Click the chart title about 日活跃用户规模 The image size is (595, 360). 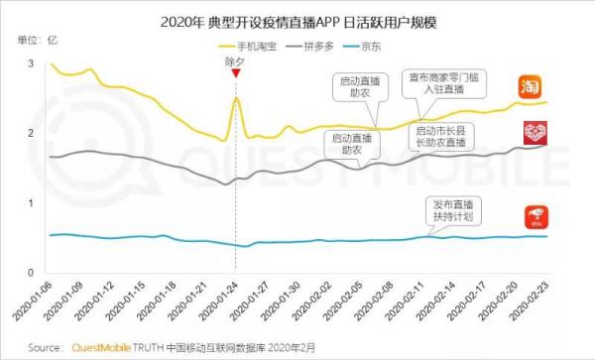click(x=297, y=21)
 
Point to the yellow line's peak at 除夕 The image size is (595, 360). click(x=236, y=97)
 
